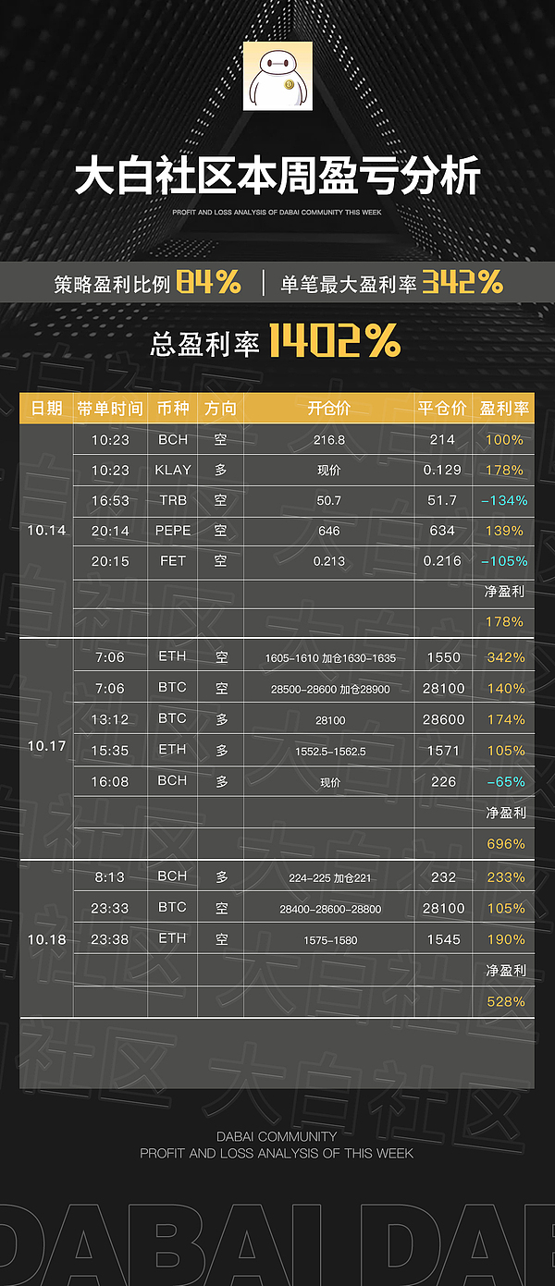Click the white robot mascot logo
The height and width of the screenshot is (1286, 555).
pos(277,76)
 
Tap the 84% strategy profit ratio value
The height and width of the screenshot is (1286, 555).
pos(208,282)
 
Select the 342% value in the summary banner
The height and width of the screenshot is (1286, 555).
pos(462,282)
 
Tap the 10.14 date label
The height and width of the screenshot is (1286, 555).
pos(46,531)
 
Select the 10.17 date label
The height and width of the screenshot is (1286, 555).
pos(46,745)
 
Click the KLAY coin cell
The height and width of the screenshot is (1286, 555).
pos(173,470)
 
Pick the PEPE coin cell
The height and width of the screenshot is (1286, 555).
pos(173,531)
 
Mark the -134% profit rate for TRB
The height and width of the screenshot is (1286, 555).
pos(504,500)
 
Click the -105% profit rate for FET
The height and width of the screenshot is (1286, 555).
pos(504,561)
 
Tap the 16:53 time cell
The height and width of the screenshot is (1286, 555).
pos(110,500)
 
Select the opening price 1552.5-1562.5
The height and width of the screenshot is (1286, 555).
pos(328,752)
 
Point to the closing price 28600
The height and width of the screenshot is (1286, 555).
pos(443,719)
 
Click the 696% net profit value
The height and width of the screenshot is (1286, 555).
pos(505,844)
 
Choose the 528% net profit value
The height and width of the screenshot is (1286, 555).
pos(505,1001)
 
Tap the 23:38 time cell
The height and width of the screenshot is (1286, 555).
pos(109,938)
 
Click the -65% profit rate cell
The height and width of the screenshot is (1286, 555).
pos(505,782)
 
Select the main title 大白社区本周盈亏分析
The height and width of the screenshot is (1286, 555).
pos(277,177)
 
